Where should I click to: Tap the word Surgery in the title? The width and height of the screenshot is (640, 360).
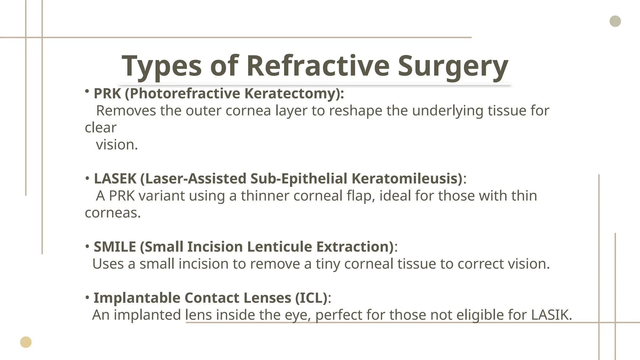point(453,66)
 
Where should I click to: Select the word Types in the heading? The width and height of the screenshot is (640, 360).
point(162,66)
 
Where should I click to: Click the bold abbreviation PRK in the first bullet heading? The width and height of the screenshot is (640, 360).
point(107,93)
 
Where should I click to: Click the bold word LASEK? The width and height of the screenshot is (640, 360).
point(115,178)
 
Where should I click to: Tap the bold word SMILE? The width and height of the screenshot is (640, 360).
point(115,247)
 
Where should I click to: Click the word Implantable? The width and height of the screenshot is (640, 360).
point(137,297)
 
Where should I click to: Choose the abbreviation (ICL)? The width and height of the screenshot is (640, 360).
point(311,297)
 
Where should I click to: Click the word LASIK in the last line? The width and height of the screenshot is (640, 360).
point(551,315)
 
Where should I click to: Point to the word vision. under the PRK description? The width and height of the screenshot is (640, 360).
point(117,145)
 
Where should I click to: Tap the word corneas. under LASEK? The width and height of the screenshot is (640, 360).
point(113,213)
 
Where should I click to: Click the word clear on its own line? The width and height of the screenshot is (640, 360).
point(101,127)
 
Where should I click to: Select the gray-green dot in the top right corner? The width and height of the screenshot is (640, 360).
point(615,21)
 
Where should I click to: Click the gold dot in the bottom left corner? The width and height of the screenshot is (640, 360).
point(26,342)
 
